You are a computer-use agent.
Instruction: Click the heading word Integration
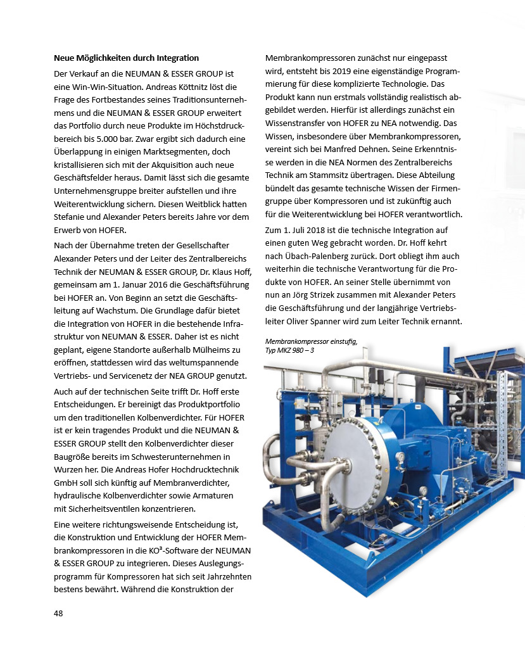(x=177, y=58)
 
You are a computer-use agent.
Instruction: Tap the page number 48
(x=58, y=613)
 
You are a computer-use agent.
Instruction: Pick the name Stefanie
(x=70, y=217)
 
